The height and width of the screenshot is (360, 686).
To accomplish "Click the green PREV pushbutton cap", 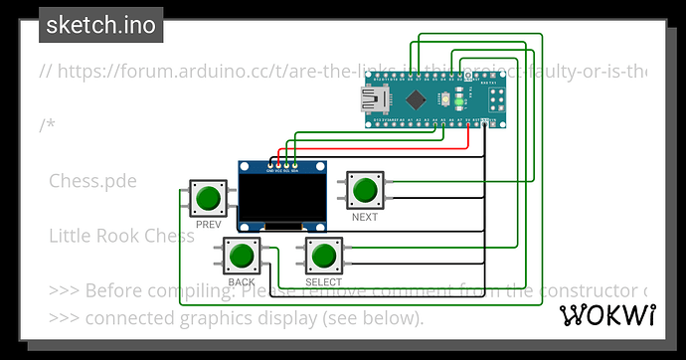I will coord(208,197).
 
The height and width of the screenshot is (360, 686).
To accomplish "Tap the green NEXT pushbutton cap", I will coord(365,189).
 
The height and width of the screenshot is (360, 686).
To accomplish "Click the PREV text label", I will coord(208,225).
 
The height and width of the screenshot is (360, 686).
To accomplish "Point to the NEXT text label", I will coord(365,216).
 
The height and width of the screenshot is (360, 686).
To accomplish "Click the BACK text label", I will coord(242,282).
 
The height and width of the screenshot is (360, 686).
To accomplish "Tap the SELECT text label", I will coord(323,282).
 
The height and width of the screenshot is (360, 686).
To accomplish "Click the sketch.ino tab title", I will coord(101,25).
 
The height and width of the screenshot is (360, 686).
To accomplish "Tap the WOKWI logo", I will coord(608,315).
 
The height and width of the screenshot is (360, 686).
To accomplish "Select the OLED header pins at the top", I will coord(283,167).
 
